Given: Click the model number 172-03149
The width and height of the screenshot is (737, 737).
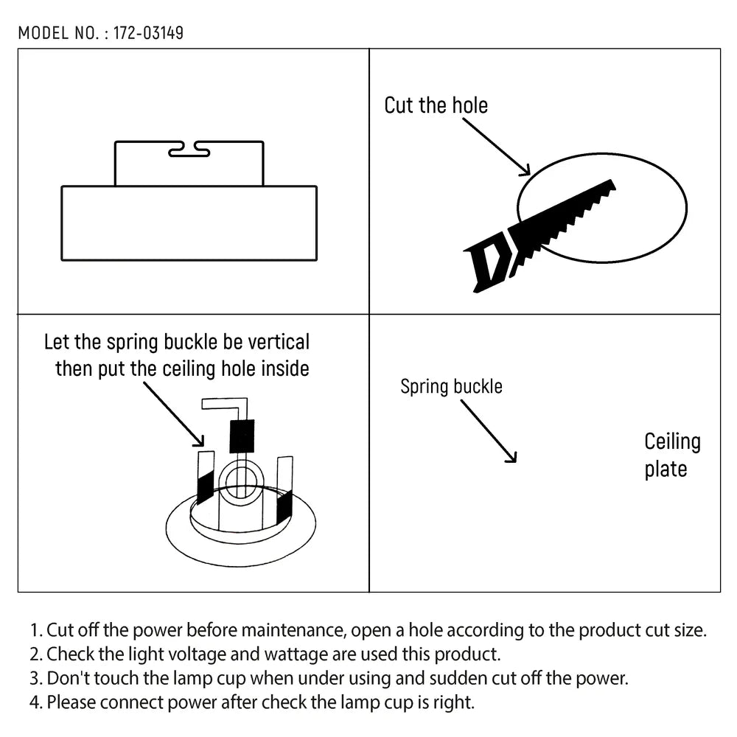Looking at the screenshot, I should tap(149, 33).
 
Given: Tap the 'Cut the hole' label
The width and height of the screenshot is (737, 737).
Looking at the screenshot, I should tap(436, 105).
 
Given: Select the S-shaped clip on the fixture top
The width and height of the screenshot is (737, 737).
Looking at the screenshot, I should tap(189, 150).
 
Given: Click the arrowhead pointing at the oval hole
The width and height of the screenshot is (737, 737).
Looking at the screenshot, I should tap(525, 171).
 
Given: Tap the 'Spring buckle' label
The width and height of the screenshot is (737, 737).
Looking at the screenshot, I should tap(451, 386).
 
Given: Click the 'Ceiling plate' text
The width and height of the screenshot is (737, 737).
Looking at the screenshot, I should tap(671, 455).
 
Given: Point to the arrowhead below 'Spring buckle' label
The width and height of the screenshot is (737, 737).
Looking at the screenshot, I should tap(511, 458).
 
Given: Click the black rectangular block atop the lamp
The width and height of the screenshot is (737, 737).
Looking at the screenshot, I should tap(242, 436).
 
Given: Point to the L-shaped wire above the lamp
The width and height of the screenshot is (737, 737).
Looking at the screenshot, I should tap(225, 405).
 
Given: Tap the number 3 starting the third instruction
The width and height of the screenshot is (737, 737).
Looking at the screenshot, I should tap(34, 678).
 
